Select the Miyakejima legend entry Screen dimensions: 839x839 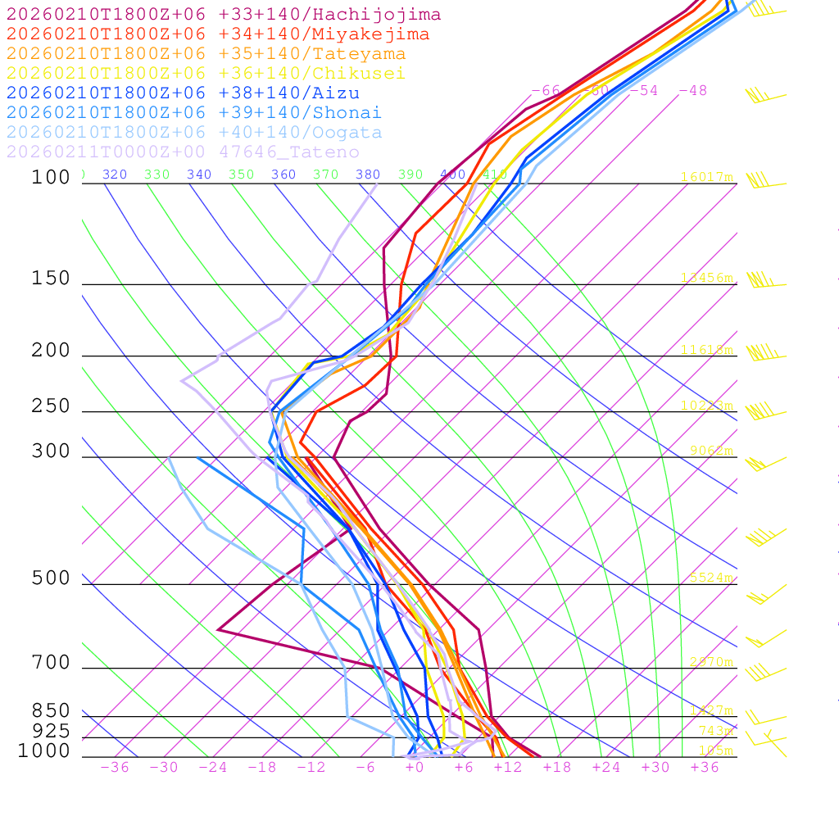tap(217, 34)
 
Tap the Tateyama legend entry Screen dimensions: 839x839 tap(206, 54)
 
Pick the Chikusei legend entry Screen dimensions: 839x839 tap(206, 74)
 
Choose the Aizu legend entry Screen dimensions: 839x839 tap(183, 93)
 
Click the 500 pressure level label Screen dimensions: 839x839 tap(52, 578)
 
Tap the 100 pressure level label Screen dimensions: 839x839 tap(52, 177)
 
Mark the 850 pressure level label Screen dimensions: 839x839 tap(52, 710)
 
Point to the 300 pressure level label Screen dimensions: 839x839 tap(52, 451)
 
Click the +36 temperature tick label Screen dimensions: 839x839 tap(705, 767)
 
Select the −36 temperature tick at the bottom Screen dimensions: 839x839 tap(115, 767)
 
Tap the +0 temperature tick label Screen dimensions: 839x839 tap(415, 767)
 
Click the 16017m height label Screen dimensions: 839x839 tap(707, 177)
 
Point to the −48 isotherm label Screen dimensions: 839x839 tap(692, 90)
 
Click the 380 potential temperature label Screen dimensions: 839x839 tap(368, 175)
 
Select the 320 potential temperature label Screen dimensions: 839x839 tap(115, 175)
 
